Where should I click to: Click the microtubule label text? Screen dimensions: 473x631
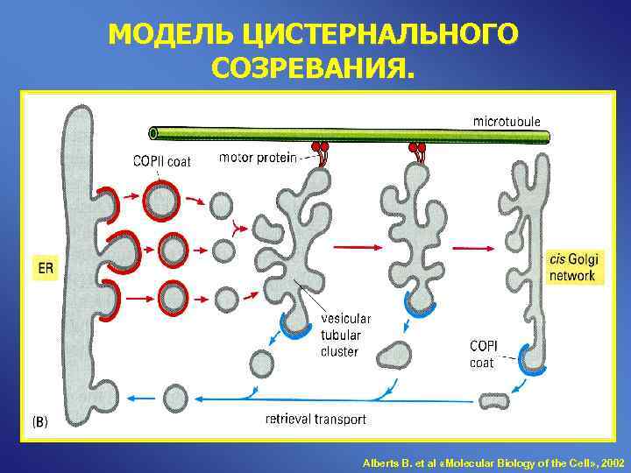pos(507,120)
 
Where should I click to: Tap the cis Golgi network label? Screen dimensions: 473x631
pos(572,267)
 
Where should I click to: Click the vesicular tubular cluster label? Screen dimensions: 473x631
pos(345,335)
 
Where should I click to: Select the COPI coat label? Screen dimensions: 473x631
pos(483,354)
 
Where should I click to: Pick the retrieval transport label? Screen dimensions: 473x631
pos(315,420)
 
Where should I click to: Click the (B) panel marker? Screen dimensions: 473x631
pos(41,422)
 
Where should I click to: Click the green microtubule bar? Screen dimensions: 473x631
pos(351,134)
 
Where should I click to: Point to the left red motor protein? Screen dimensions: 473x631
pos(319,151)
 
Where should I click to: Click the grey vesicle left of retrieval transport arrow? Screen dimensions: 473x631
pos(176,399)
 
